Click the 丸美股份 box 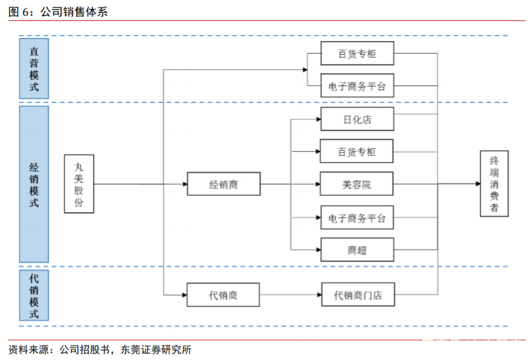coord(79,184)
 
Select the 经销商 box coord(223,185)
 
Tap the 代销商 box coord(223,295)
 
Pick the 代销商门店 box coord(357,295)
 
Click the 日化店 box coord(357,119)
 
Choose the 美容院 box coord(357,185)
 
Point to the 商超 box coord(357,250)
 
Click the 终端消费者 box coord(494,184)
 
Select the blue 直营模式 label coord(34,69)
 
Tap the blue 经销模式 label coord(34,184)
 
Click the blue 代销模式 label coord(34,295)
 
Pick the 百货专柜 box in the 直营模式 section coord(357,54)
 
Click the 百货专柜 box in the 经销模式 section coord(357,152)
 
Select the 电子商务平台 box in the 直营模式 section coord(357,86)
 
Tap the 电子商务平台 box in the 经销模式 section coord(357,218)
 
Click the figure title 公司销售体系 coord(73,11)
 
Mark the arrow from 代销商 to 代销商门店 coord(291,295)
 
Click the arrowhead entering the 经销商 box coord(184,185)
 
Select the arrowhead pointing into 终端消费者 coord(477,184)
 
